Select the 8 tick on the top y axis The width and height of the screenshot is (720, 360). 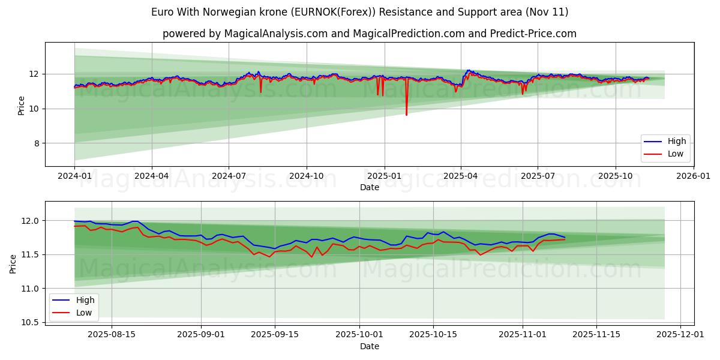click(x=35, y=143)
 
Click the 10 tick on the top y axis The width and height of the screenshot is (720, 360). click(x=34, y=109)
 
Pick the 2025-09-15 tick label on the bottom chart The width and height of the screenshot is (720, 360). click(x=275, y=334)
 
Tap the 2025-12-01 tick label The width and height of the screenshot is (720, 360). click(x=680, y=334)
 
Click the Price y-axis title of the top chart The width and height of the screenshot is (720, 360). click(x=22, y=104)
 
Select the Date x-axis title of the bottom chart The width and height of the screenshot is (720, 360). click(x=370, y=346)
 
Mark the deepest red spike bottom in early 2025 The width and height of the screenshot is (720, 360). click(x=406, y=115)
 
